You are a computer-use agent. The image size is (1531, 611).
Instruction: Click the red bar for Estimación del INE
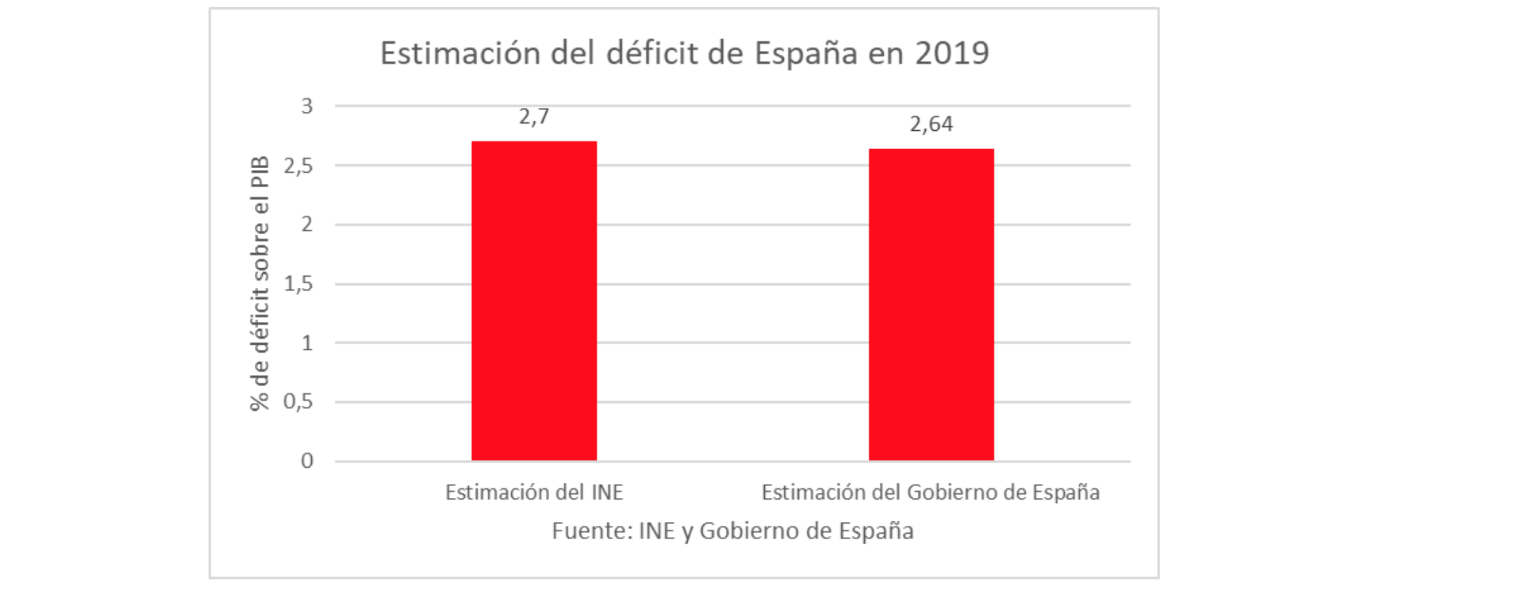534,301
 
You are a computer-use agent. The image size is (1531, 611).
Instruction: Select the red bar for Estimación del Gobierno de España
931,305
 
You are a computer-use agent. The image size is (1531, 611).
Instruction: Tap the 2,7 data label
534,117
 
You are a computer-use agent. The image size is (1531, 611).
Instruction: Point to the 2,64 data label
931,124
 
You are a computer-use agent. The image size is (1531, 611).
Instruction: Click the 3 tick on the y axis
307,106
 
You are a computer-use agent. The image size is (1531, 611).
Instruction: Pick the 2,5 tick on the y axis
298,166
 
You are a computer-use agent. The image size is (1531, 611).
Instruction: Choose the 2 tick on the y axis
307,225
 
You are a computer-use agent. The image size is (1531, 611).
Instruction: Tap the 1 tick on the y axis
307,343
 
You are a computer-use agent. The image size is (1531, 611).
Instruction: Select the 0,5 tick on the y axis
298,402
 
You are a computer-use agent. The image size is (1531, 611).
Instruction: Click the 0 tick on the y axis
307,461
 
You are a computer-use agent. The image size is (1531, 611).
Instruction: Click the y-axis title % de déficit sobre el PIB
260,283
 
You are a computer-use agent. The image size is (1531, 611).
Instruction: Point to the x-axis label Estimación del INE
534,493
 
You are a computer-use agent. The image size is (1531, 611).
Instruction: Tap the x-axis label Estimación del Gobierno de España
930,493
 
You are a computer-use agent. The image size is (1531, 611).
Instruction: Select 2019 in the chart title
952,54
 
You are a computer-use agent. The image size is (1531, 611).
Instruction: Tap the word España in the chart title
805,54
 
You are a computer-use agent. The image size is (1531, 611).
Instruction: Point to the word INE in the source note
656,531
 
